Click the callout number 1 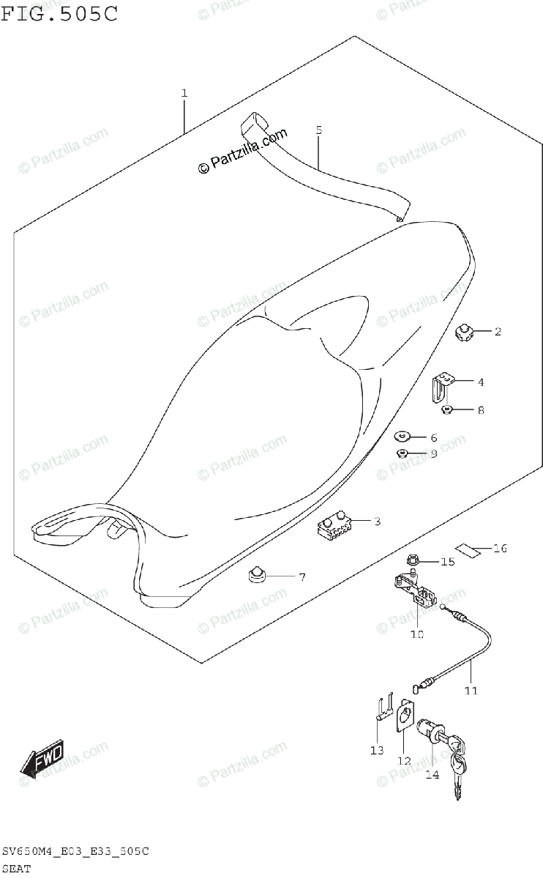pos(184,94)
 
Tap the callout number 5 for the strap pos(318,130)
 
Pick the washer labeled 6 pos(403,437)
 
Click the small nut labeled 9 pos(402,454)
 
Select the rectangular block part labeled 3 pos(334,524)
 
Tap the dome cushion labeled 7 pos(257,576)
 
